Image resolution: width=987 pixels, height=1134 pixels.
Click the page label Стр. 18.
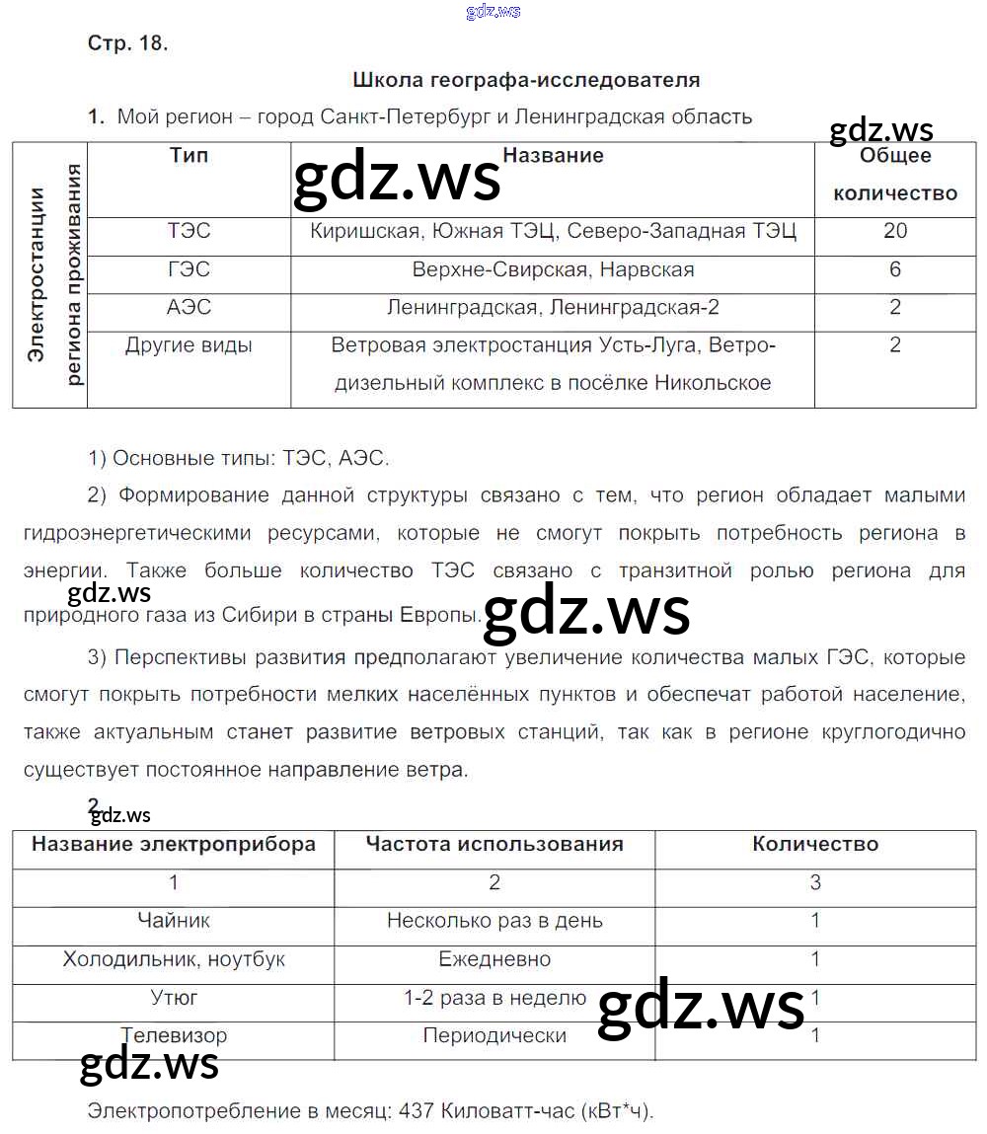coord(127,43)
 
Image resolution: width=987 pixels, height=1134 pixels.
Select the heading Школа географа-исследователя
coord(525,80)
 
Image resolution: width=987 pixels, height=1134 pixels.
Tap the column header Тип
coord(189,155)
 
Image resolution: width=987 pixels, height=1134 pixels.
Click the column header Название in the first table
coord(553,155)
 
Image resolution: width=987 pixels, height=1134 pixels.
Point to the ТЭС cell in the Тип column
coord(189,231)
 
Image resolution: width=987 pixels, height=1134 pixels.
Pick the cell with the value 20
coord(895,231)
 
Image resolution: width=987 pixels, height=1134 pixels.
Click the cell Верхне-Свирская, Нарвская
coord(553,269)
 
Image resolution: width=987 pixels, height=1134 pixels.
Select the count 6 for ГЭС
coord(895,269)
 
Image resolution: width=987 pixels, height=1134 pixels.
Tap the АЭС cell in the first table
coord(189,307)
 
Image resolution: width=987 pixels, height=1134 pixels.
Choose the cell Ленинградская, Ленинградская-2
coord(553,307)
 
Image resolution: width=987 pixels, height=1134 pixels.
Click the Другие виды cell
coord(189,345)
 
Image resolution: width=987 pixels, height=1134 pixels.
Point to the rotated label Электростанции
coord(37,274)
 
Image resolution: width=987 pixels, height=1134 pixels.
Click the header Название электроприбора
coord(174,844)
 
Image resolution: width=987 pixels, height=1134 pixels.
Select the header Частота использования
coord(494,844)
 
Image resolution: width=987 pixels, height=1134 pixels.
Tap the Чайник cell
coord(174,921)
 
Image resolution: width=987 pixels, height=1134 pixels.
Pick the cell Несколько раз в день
coord(494,921)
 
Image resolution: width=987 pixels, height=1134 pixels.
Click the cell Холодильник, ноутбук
coord(174,959)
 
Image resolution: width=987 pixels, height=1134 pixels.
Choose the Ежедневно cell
coord(494,959)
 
